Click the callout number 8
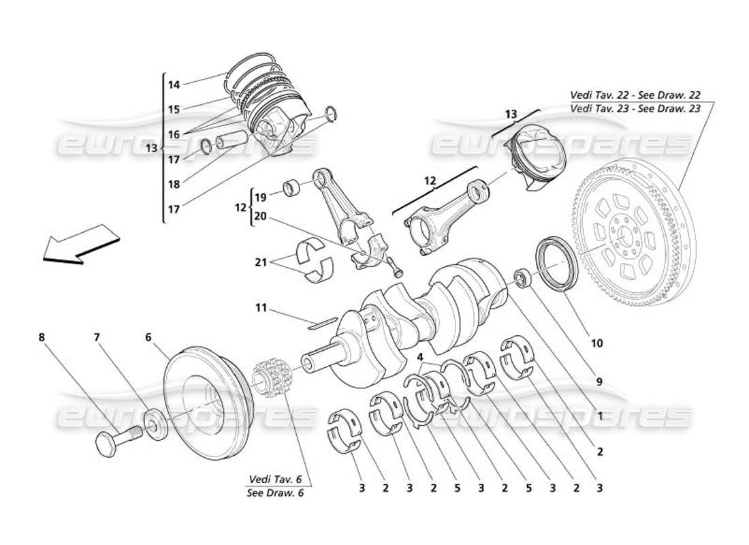(42, 336)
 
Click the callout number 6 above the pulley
(148, 336)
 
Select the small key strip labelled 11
(321, 322)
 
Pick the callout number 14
(174, 85)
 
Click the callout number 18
(174, 185)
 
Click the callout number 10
(596, 344)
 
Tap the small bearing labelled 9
(522, 277)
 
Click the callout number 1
(600, 416)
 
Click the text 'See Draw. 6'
(276, 493)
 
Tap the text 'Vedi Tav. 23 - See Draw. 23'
(633, 108)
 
